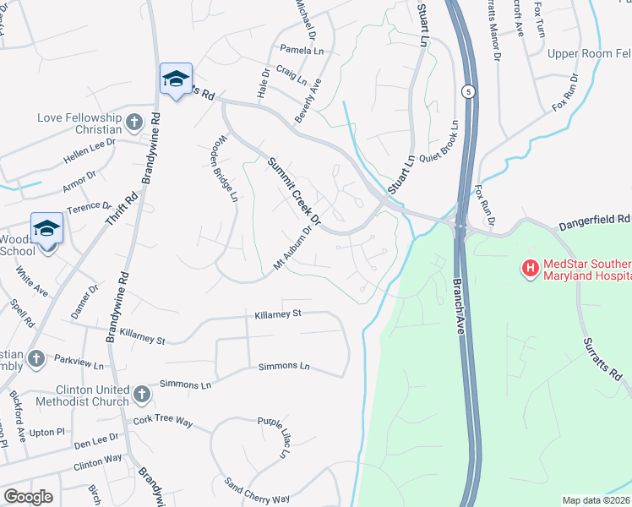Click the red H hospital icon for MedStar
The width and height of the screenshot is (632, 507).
tap(531, 269)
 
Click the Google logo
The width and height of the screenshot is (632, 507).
tap(28, 496)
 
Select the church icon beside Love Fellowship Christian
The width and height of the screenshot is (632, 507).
tap(133, 124)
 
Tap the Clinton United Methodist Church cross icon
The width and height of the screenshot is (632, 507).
tap(142, 395)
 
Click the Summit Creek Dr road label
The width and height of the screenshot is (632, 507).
tap(295, 191)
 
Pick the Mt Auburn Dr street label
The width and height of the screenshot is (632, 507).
tap(292, 251)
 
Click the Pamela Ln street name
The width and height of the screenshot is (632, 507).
tap(302, 51)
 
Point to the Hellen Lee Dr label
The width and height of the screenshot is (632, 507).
tap(89, 151)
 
